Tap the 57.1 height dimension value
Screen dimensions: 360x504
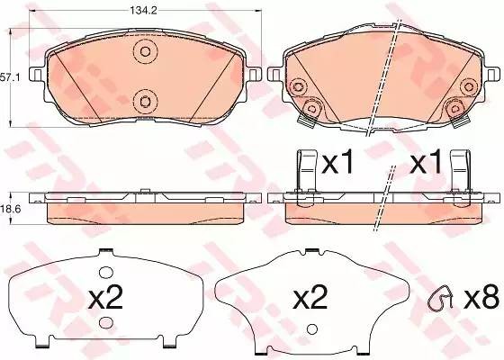9,78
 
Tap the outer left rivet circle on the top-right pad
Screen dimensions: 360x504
299,85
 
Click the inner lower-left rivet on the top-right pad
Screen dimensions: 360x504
313,109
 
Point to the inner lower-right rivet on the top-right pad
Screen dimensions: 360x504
452,109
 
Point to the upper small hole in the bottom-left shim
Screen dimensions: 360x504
105,272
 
